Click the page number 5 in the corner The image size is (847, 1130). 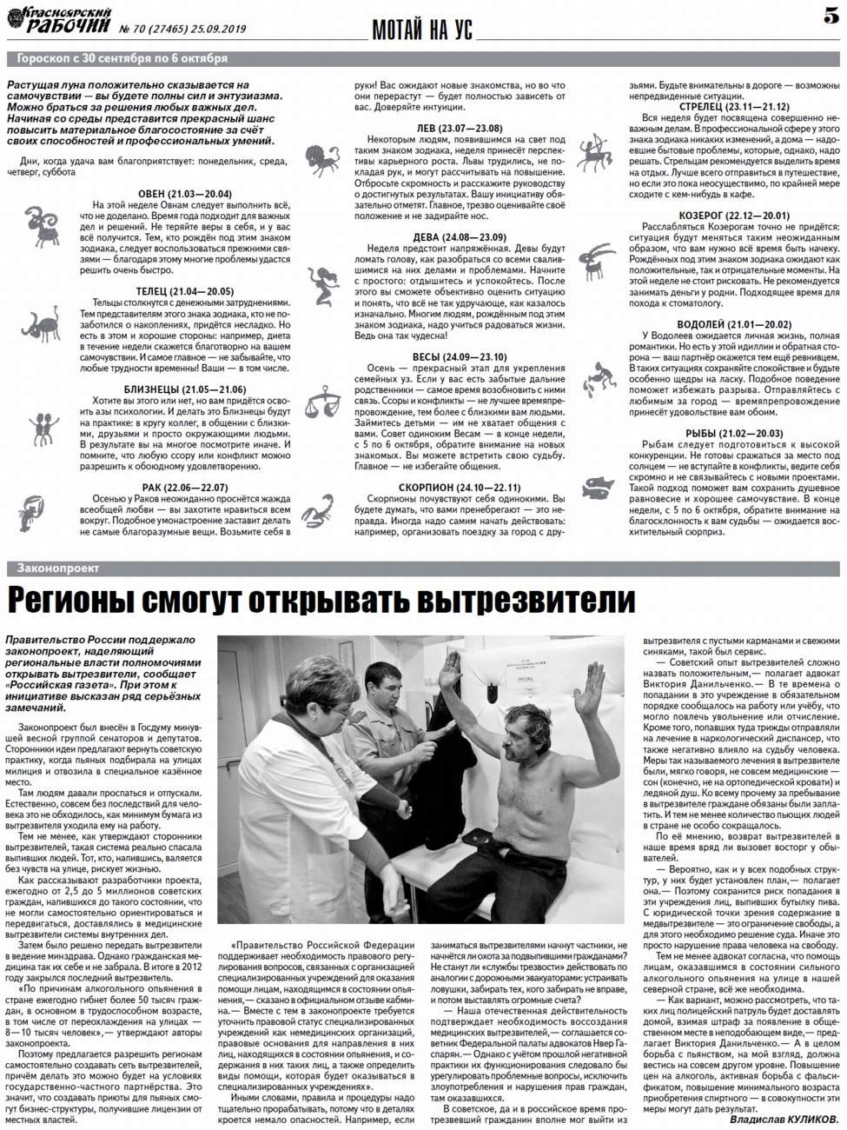[x=830, y=17]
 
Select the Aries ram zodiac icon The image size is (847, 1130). [x=39, y=223]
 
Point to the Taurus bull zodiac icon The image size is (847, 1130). [x=41, y=327]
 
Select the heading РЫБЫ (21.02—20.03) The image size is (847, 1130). [x=733, y=433]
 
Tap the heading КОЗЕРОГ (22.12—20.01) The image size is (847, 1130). [x=733, y=215]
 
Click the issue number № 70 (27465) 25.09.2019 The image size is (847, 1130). [x=183, y=29]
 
